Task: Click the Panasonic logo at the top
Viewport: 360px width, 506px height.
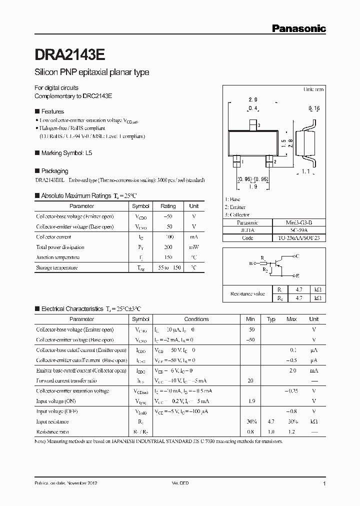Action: tap(298, 29)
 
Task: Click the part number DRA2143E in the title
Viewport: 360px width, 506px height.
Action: tap(69, 53)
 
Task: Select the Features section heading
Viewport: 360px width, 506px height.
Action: tap(52, 111)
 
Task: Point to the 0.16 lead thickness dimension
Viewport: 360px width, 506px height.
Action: tap(314, 108)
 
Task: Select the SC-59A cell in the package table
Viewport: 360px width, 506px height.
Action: tap(298, 230)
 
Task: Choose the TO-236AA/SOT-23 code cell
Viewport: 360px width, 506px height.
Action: tap(298, 238)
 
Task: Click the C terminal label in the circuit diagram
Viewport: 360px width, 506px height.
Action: tap(297, 256)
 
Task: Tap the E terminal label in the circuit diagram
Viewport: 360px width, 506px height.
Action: tap(297, 275)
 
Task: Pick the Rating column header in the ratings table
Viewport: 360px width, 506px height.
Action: tap(168, 206)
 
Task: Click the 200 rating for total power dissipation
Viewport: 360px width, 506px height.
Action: tap(168, 247)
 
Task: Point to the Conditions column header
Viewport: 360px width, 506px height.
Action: tap(196, 319)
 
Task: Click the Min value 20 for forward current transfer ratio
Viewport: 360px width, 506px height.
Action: tap(250, 381)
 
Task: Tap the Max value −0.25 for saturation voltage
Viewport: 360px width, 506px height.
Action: tap(291, 391)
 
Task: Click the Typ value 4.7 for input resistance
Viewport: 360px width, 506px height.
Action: tap(271, 421)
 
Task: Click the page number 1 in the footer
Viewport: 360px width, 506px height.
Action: tap(324, 483)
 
